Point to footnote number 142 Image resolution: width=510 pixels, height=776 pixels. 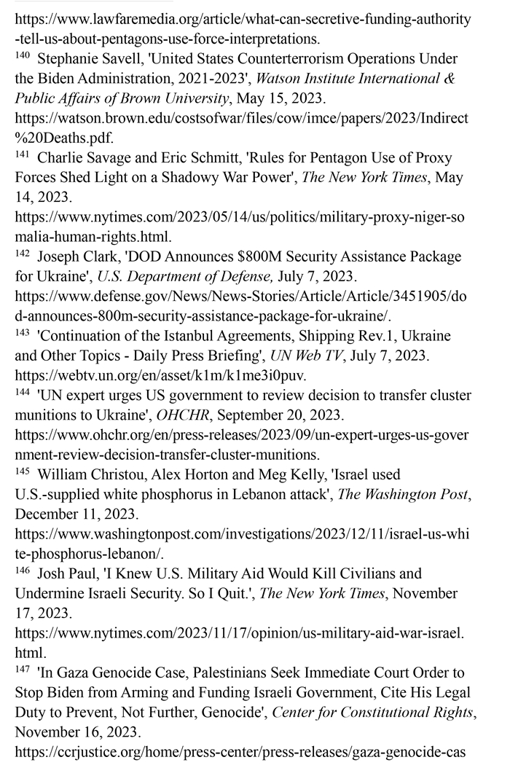(x=23, y=254)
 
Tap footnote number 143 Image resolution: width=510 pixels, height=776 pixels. (x=23, y=334)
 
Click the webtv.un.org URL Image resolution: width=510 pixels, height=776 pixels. (x=161, y=375)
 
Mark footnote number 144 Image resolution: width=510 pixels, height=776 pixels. (x=23, y=393)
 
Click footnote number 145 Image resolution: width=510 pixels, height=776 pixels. (x=23, y=471)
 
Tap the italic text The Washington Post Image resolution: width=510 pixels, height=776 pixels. (x=404, y=494)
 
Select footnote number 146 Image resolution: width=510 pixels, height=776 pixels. (x=23, y=571)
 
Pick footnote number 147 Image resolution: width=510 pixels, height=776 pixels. (x=23, y=670)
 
